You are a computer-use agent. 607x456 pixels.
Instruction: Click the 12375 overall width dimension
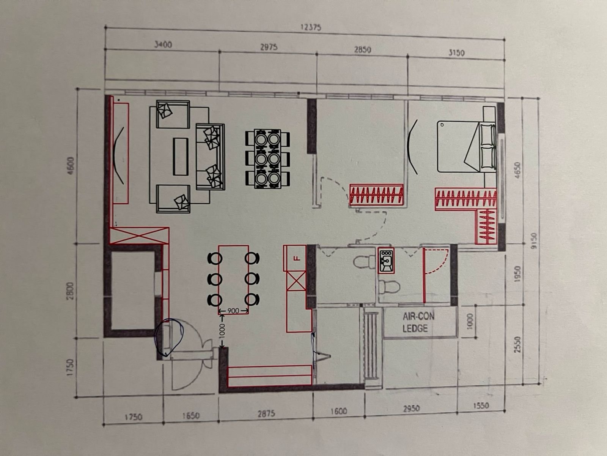pyautogui.click(x=311, y=28)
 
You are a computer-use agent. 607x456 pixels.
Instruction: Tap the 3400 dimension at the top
pyautogui.click(x=163, y=44)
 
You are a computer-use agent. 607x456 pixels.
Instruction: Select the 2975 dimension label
pyautogui.click(x=269, y=47)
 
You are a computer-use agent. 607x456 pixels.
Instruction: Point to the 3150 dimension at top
pyautogui.click(x=456, y=52)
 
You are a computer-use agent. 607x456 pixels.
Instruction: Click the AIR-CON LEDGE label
pyautogui.click(x=418, y=322)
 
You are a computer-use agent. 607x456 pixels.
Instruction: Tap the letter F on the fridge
pyautogui.click(x=297, y=258)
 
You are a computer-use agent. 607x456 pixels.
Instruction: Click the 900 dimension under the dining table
pyautogui.click(x=233, y=311)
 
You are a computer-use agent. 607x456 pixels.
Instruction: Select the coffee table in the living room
pyautogui.click(x=181, y=157)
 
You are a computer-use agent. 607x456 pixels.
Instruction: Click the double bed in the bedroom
pyautogui.click(x=466, y=146)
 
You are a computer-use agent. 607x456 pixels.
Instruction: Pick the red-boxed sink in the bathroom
pyautogui.click(x=386, y=261)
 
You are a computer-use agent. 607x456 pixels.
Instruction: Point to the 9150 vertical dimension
pyautogui.click(x=533, y=241)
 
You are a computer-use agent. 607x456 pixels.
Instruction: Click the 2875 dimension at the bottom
pyautogui.click(x=266, y=414)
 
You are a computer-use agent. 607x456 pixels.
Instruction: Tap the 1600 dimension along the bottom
pyautogui.click(x=339, y=411)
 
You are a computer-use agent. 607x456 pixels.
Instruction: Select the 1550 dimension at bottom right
pyautogui.click(x=481, y=406)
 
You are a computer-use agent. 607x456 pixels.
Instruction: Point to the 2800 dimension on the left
pyautogui.click(x=71, y=291)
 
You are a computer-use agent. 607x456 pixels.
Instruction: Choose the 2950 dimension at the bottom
pyautogui.click(x=411, y=408)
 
